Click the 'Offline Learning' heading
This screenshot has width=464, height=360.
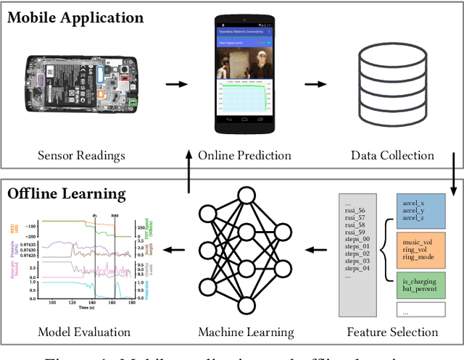67,194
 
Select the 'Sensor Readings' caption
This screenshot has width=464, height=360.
81,156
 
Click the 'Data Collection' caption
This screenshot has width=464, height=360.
392,156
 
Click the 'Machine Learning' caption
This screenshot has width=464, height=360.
246,332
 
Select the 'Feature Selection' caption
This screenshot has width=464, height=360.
392,332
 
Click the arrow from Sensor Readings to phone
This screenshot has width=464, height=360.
175,84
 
